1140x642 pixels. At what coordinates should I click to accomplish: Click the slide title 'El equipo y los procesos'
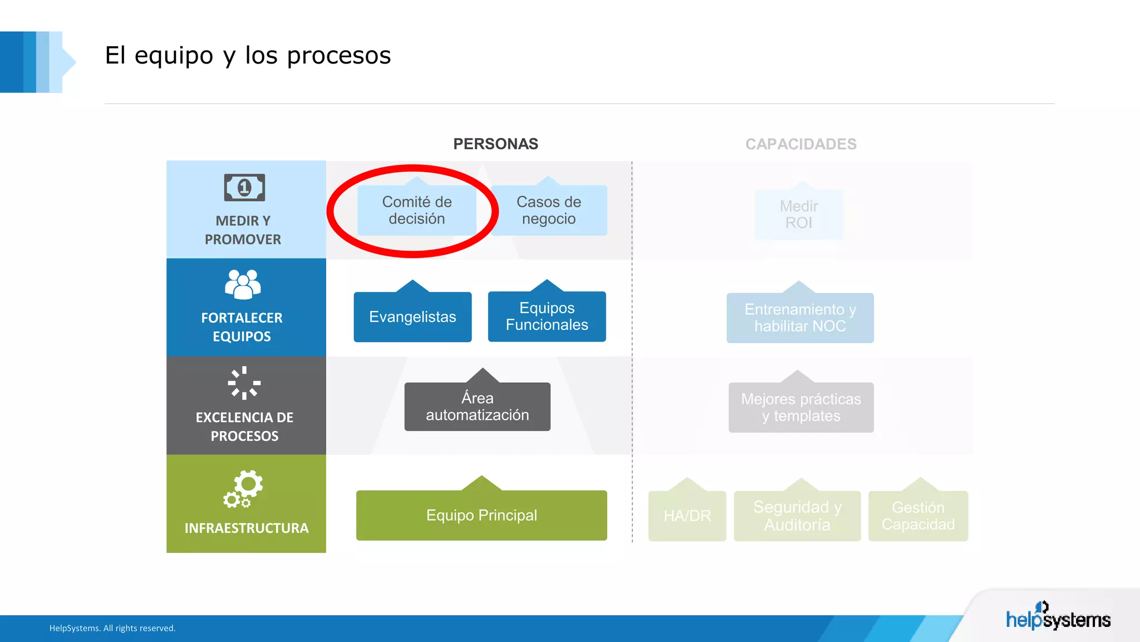[248, 56]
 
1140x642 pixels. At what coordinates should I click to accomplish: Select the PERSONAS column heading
[495, 144]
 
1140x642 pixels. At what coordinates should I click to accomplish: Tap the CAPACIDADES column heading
[800, 144]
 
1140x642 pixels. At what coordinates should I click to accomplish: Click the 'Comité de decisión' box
[416, 210]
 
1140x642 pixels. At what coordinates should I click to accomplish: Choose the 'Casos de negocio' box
[549, 210]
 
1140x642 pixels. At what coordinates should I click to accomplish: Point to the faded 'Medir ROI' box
[799, 215]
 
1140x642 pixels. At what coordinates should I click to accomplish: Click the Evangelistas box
[412, 317]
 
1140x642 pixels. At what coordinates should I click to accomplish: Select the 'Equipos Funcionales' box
[547, 316]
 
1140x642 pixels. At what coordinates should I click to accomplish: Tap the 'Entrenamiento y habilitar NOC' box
[800, 318]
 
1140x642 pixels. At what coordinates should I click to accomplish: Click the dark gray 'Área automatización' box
[477, 406]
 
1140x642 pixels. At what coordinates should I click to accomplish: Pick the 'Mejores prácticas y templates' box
[801, 407]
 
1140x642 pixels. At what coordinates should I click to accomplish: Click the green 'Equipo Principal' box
[481, 515]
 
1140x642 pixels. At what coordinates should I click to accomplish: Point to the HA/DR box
[687, 515]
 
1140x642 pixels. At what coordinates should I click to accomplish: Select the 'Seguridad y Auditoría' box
[797, 515]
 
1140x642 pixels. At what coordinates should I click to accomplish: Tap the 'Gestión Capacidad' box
[918, 515]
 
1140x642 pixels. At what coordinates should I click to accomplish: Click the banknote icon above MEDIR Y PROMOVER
[244, 187]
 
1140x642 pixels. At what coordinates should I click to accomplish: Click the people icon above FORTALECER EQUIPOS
[243, 284]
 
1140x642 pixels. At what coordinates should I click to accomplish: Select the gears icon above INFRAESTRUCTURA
[243, 489]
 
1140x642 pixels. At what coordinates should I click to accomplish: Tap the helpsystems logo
[1058, 617]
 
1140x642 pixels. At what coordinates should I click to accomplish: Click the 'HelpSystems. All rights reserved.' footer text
[112, 628]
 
